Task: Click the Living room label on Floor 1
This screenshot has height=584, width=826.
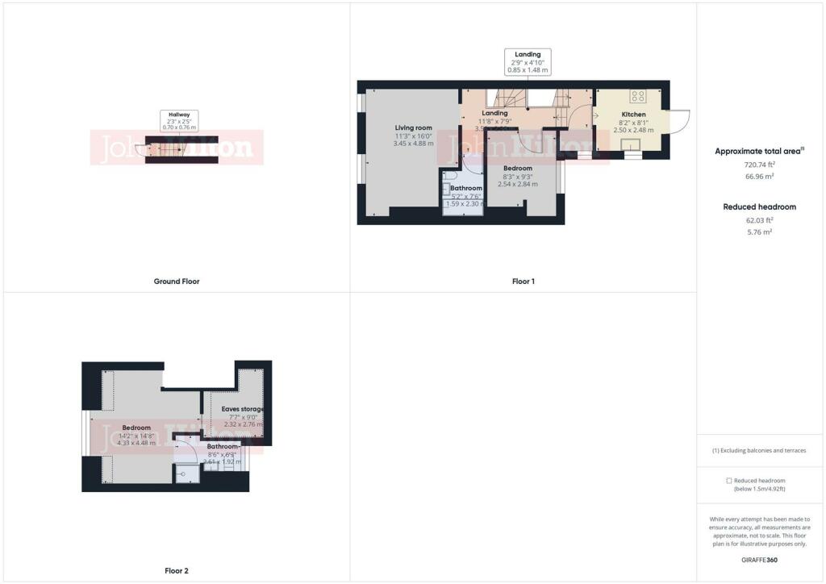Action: (414, 127)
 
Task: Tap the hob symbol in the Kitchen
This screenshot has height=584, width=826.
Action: (637, 96)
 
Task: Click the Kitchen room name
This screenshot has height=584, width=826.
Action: (633, 115)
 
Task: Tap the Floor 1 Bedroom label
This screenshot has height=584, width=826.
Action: (518, 168)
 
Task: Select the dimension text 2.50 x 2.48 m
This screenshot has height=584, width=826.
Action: (633, 130)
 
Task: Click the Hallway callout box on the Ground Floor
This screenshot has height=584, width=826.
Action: (179, 121)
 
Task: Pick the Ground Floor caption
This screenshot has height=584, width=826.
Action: (177, 282)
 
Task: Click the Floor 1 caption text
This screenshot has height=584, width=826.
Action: (523, 282)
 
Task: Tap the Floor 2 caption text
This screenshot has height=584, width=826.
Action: (176, 571)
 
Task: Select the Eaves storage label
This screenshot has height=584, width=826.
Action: (243, 410)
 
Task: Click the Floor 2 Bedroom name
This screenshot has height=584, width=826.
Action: (136, 428)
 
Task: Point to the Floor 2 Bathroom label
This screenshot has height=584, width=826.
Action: (223, 446)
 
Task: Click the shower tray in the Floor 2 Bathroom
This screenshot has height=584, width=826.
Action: (187, 475)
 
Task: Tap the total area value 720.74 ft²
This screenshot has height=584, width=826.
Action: (756, 164)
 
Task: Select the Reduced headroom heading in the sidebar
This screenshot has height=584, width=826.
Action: (759, 206)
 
